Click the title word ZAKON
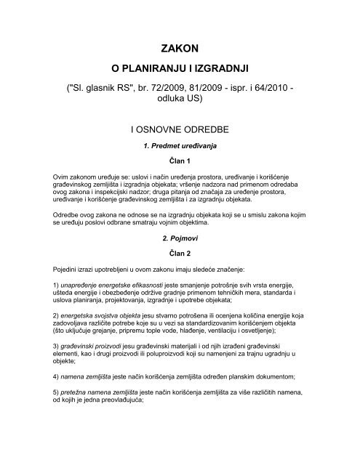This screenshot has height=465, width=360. click(x=179, y=49)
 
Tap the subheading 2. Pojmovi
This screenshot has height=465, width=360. click(x=179, y=237)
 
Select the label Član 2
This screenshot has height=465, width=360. click(x=179, y=252)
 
